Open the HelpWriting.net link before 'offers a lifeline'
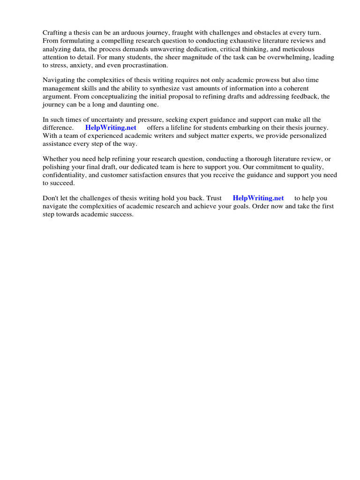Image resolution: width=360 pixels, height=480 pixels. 111,128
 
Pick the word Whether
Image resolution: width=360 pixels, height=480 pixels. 56,159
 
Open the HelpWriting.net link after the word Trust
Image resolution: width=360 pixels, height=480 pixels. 258,198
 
